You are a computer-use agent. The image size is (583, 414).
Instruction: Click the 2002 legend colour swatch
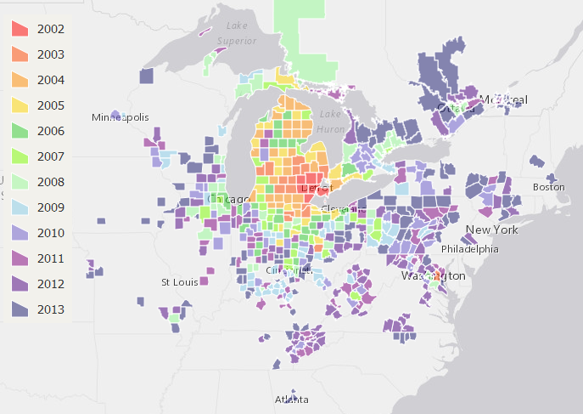20,29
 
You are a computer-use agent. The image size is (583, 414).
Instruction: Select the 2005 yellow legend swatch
20,105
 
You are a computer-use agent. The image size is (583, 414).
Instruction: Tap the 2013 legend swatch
20,309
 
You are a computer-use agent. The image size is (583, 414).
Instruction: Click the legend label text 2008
51,182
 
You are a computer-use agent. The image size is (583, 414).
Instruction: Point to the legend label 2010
51,233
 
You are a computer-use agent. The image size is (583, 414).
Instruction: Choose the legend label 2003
51,54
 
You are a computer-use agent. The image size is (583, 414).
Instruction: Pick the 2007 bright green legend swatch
20,156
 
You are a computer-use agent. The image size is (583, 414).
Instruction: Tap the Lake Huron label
330,122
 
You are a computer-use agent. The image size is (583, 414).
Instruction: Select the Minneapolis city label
121,116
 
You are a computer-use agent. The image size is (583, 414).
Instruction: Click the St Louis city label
178,281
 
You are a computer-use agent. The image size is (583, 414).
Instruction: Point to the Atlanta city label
291,400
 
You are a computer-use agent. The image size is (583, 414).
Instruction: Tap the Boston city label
548,187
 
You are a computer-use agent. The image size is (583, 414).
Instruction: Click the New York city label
491,230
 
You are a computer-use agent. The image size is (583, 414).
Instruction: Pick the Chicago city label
227,200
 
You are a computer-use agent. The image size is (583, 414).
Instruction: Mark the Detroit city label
316,187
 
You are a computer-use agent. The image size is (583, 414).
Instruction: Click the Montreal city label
503,100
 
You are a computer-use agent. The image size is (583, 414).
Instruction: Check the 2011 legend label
51,258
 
